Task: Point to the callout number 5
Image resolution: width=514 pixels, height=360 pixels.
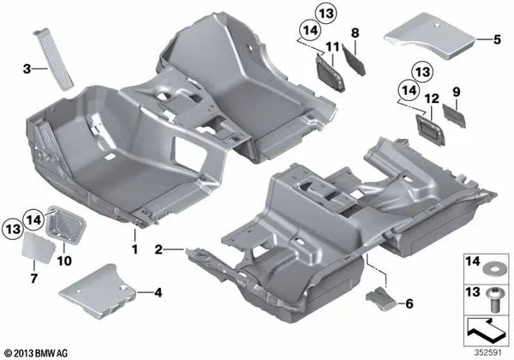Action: (495, 39)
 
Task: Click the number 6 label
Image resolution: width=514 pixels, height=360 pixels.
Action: (409, 303)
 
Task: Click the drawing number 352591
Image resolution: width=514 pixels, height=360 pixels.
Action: (488, 350)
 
